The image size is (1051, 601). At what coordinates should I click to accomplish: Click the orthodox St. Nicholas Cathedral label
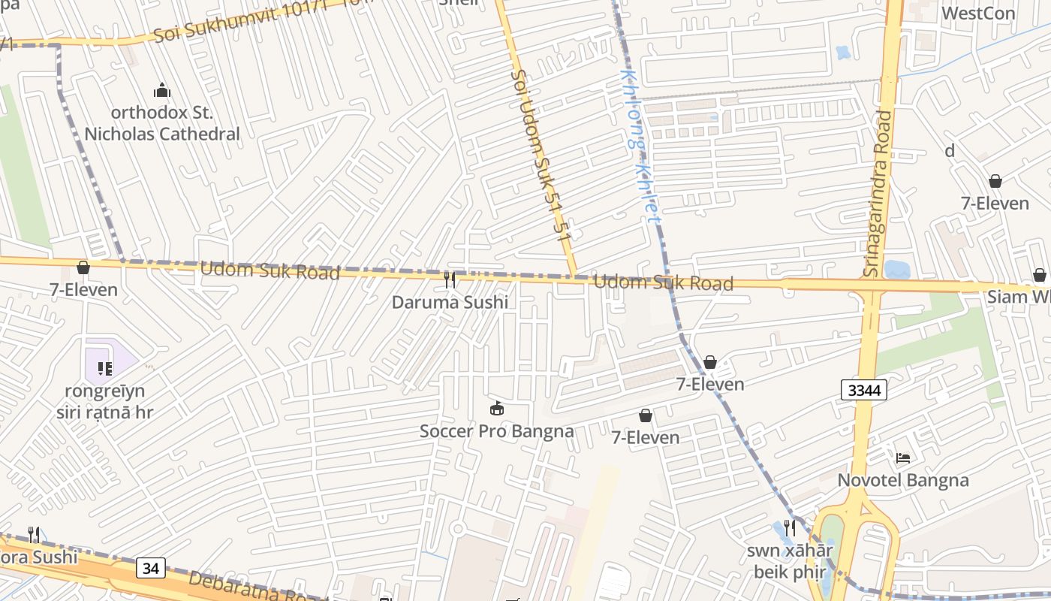162,123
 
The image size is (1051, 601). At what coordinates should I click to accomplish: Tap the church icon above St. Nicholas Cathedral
162,92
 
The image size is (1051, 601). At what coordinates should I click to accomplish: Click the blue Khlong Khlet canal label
640,146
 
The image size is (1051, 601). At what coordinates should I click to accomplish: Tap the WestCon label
977,13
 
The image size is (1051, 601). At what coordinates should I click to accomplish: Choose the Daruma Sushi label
450,302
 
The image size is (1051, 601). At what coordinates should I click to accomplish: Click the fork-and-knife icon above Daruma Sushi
450,280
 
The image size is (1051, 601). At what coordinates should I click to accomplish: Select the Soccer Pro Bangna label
496,431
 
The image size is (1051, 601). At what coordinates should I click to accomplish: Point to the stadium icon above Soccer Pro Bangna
496,409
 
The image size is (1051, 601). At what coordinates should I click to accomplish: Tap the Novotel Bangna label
903,480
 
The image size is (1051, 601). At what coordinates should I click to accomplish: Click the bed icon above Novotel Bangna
903,458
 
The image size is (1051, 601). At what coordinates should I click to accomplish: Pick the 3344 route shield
864,390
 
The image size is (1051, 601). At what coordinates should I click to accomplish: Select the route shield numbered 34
151,569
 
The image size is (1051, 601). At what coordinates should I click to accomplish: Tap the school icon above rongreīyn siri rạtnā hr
105,368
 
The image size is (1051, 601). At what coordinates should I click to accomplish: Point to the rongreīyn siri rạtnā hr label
105,401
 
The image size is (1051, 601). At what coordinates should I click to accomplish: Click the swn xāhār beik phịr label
789,560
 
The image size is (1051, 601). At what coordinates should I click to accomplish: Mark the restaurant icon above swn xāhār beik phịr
789,528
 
